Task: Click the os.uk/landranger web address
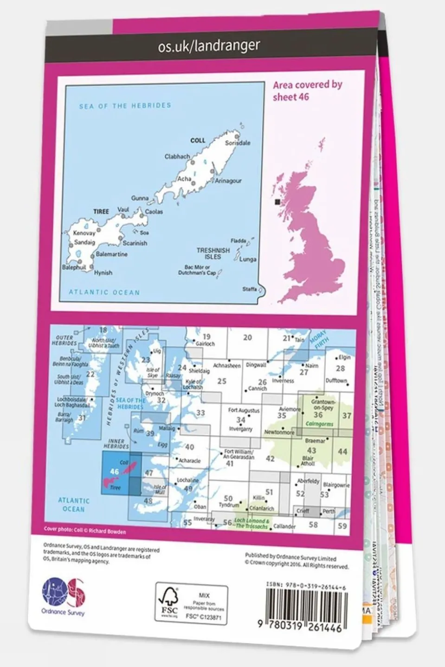(x=209, y=45)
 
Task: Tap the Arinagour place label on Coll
(x=228, y=181)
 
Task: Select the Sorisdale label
(x=238, y=143)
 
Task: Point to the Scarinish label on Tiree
(x=135, y=243)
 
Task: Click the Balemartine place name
(x=111, y=254)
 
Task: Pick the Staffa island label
(x=250, y=289)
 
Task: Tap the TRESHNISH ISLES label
(x=213, y=253)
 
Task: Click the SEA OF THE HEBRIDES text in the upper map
(x=125, y=106)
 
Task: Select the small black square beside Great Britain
(x=277, y=202)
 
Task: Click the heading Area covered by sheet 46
(x=307, y=90)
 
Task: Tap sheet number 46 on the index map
(x=114, y=471)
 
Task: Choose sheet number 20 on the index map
(x=247, y=338)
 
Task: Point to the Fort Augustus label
(x=244, y=410)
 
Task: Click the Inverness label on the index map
(x=283, y=381)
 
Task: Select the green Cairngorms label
(x=320, y=424)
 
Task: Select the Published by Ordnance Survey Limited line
(x=290, y=557)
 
